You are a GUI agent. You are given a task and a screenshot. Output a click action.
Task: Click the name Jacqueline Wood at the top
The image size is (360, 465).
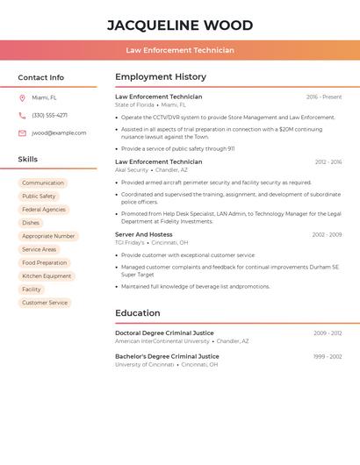click(180, 25)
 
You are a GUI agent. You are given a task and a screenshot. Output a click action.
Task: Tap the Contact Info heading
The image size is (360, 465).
click(40, 77)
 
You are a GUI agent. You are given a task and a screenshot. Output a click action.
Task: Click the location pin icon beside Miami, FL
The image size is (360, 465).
click(22, 97)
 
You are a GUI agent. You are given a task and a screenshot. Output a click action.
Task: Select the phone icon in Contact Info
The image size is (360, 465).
click(22, 115)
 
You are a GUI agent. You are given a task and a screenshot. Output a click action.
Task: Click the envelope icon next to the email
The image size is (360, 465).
click(22, 133)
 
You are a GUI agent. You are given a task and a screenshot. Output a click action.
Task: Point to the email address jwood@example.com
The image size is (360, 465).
click(59, 133)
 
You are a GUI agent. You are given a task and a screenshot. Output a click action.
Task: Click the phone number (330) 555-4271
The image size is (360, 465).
click(49, 115)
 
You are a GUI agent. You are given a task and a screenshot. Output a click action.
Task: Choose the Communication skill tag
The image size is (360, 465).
click(43, 183)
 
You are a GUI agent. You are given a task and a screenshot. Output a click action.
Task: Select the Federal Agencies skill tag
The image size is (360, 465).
click(44, 210)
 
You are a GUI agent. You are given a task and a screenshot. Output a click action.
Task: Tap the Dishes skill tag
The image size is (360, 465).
click(31, 223)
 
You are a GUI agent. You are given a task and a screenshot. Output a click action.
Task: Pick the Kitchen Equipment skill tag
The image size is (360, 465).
click(47, 276)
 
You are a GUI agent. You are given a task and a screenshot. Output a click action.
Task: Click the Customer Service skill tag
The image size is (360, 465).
click(45, 303)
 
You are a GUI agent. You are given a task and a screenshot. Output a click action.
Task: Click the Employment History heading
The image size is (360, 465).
click(161, 77)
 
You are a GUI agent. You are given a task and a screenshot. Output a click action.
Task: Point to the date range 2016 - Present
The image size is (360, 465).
click(324, 97)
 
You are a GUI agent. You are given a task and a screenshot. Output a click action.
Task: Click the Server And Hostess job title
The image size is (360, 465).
click(144, 234)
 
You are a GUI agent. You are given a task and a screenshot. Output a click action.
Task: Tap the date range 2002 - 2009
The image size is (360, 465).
click(327, 235)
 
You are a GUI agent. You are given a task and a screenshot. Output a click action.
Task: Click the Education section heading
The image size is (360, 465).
click(138, 313)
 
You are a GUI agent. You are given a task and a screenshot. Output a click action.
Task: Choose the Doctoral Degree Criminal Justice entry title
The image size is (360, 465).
click(164, 333)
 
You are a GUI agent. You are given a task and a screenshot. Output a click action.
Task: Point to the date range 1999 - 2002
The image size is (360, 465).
click(328, 356)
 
